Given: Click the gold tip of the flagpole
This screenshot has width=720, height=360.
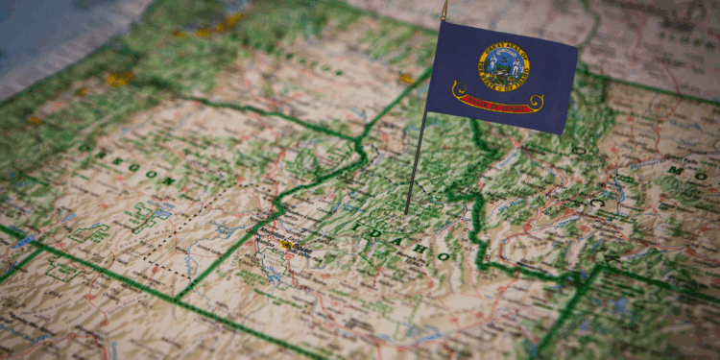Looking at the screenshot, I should tap(444, 9).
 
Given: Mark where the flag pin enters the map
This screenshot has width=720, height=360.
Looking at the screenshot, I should tap(407, 212).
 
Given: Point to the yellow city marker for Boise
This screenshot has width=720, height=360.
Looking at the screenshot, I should tap(286, 245).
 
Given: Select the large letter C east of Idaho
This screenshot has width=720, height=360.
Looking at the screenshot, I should tap(596, 204).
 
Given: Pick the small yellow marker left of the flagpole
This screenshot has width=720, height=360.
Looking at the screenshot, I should tap(406, 79).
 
